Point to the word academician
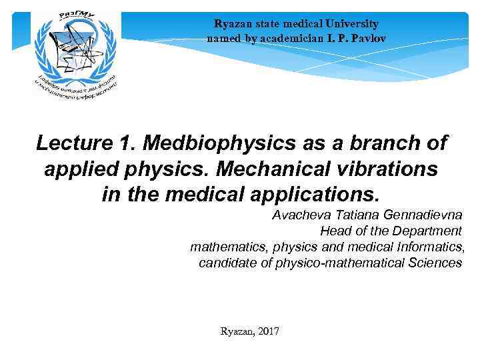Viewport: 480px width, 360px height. [283, 38]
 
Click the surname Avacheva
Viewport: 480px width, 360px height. [302, 216]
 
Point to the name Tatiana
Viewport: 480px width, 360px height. [361, 216]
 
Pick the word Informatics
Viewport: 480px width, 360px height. [430, 247]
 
